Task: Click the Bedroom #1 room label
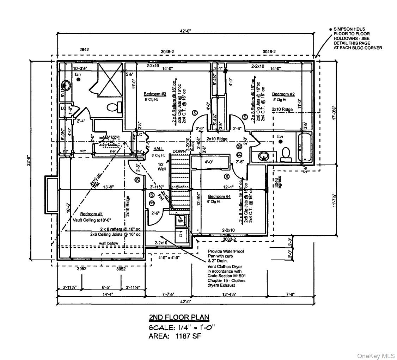(x=91, y=214)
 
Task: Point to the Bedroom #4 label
(x=219, y=197)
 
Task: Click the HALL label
(x=158, y=149)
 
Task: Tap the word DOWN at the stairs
(x=179, y=151)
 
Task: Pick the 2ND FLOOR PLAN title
(x=179, y=317)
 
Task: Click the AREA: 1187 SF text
(x=175, y=336)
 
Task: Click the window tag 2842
(x=84, y=50)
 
